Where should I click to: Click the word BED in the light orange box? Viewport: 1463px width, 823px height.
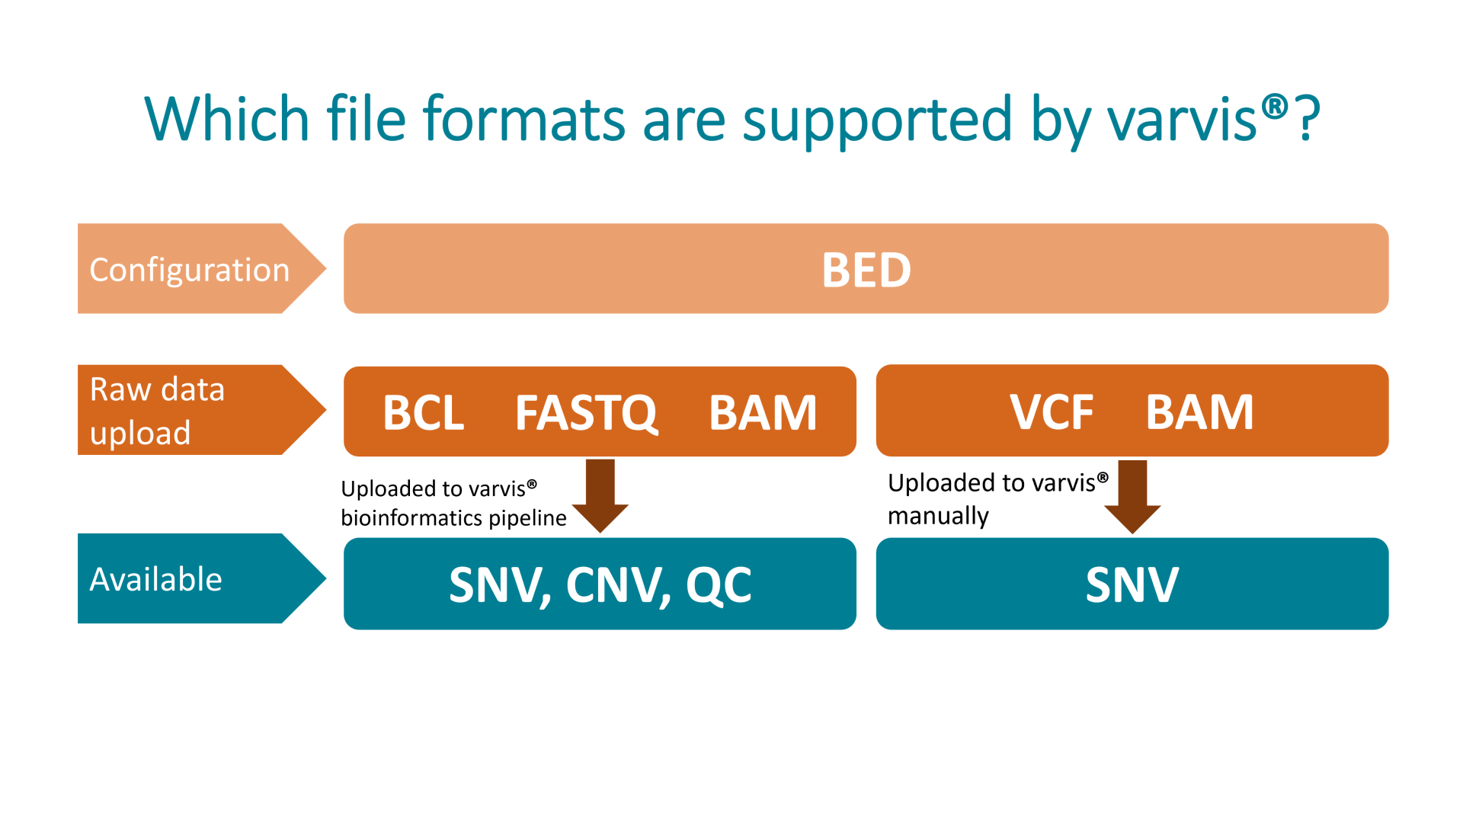tap(866, 270)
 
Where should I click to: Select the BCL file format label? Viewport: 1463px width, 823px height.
tap(424, 412)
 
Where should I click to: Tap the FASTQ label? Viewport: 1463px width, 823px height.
tap(586, 412)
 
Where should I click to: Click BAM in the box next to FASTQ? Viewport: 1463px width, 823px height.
tap(763, 412)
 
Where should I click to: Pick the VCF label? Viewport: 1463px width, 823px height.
tap(1052, 412)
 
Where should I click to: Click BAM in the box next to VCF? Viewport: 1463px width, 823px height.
tap(1199, 412)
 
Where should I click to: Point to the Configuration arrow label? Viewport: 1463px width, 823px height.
tap(190, 270)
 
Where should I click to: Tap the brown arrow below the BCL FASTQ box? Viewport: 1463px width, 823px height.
tap(600, 495)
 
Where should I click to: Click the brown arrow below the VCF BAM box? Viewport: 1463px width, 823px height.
tap(1132, 496)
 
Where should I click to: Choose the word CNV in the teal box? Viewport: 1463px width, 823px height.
tap(618, 585)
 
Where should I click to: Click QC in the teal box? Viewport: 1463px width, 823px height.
tap(719, 585)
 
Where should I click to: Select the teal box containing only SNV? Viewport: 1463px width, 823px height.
tap(1132, 584)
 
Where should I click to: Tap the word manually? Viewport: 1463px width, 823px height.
tap(938, 516)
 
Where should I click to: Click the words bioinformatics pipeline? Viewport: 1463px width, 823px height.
tap(453, 518)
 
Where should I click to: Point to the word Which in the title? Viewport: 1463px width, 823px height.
tap(226, 120)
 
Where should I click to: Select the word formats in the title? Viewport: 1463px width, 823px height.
tap(526, 120)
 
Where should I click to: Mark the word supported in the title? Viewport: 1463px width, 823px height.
tap(877, 120)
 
